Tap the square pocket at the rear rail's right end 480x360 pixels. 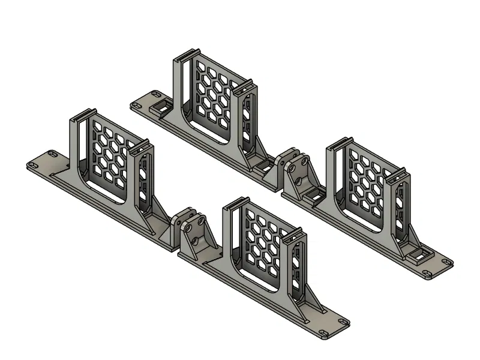coord(419,256)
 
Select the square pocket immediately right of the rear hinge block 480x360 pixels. coord(312,193)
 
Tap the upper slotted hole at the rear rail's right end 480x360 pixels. coord(445,262)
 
